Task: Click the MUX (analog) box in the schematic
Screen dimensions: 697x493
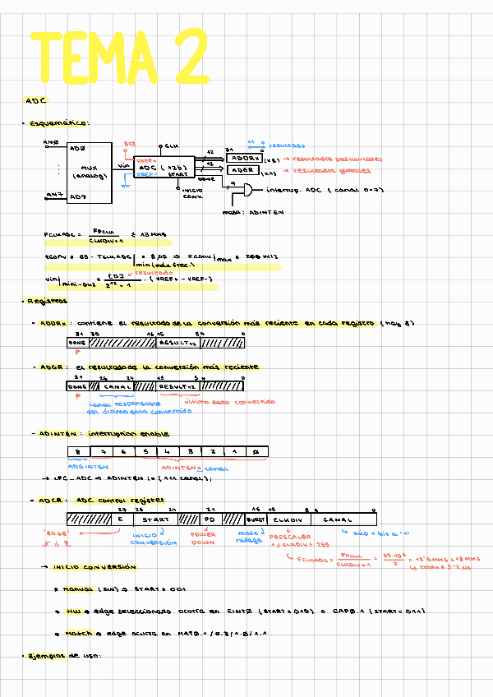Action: tap(90, 173)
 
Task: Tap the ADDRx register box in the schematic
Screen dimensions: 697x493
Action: tap(244, 159)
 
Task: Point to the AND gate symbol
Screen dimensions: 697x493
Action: tap(244, 190)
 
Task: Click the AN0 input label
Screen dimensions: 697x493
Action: tap(51, 142)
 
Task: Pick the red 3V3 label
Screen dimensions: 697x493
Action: tap(130, 144)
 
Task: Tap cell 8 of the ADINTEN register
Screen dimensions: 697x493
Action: tap(77, 452)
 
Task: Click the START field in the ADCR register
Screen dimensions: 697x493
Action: tap(155, 519)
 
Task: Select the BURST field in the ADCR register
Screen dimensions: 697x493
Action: tap(254, 519)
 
